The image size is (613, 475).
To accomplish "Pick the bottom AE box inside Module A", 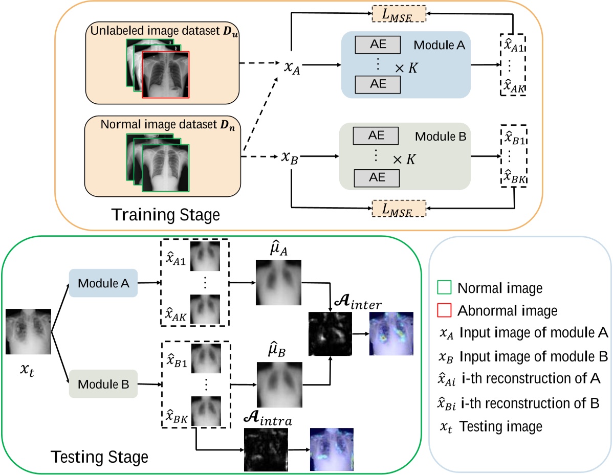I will tap(378, 84).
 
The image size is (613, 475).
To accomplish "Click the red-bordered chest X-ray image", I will tap(166, 75).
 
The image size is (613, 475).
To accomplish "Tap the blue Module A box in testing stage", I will tap(102, 283).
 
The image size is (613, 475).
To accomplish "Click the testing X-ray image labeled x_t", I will tap(28, 331).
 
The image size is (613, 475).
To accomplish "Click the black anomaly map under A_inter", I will tap(331, 334).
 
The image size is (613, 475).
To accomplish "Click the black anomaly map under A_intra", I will tap(266, 449).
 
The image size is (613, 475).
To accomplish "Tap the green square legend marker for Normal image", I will tap(445, 289).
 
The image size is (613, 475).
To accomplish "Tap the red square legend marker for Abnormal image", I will tap(445, 311).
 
